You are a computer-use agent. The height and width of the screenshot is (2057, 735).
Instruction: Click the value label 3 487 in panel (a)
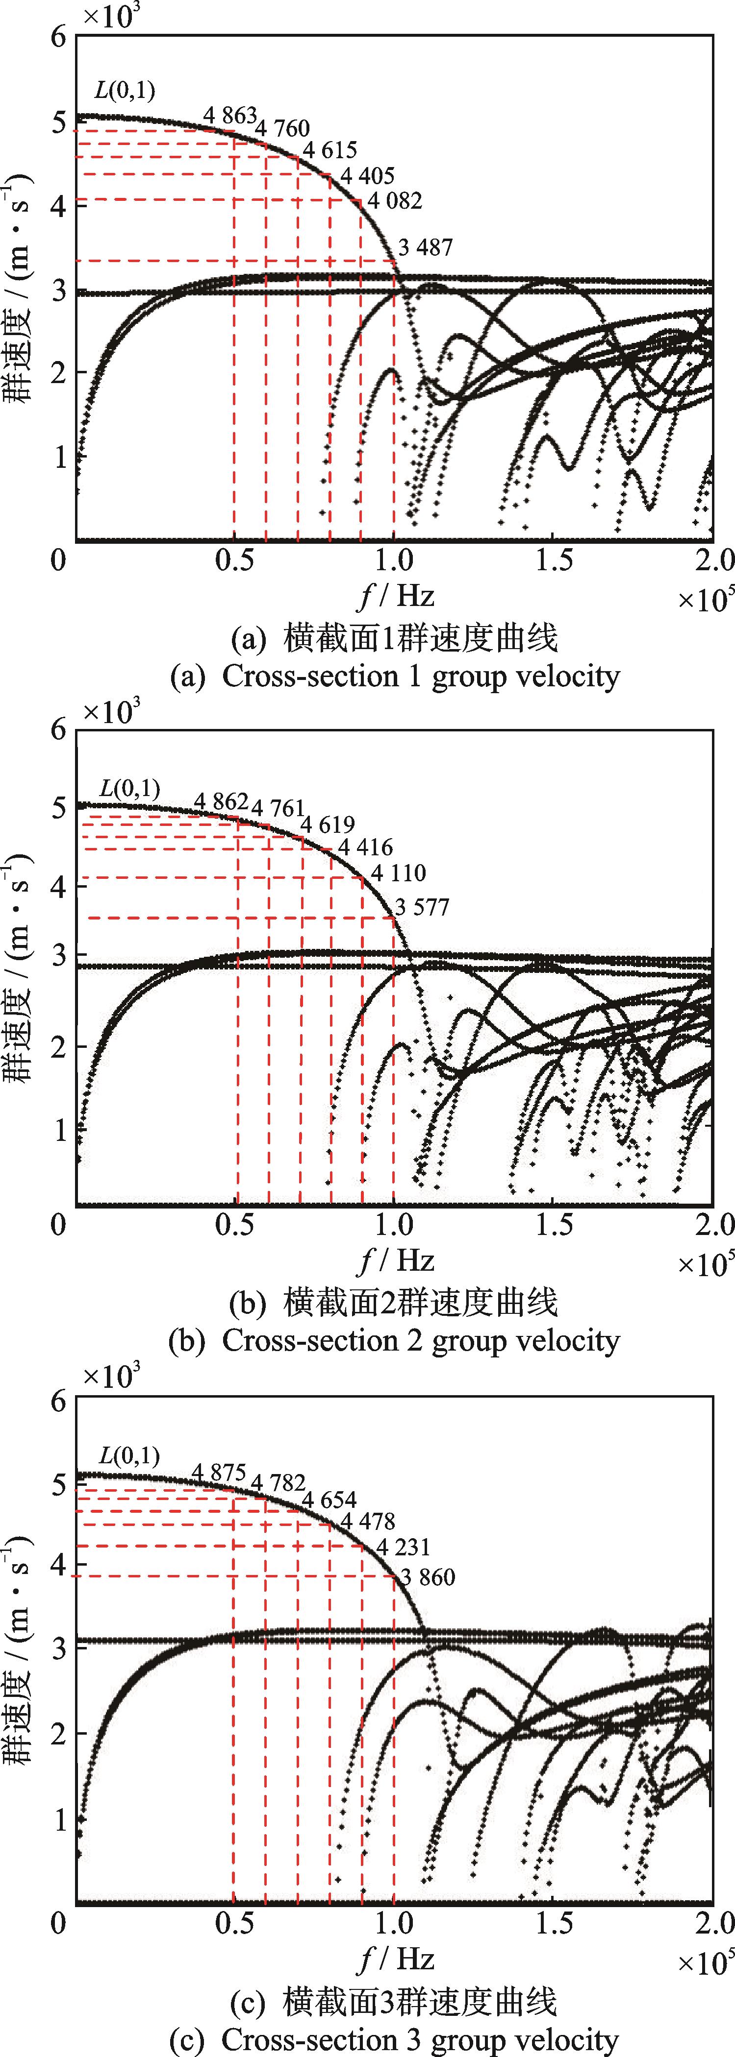tap(425, 248)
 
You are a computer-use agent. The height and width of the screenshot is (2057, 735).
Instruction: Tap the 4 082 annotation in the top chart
tap(394, 200)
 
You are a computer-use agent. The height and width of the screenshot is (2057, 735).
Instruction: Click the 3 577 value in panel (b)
tap(422, 907)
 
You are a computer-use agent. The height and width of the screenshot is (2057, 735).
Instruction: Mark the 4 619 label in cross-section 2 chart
tap(328, 823)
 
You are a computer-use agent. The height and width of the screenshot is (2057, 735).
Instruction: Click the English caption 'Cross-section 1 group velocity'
tap(396, 677)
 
